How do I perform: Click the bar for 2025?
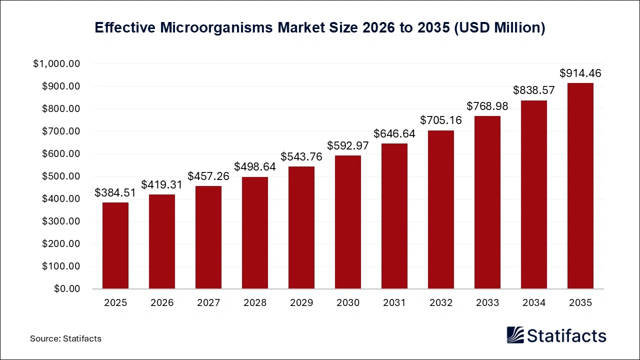click(115, 245)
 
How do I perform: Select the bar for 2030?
click(348, 222)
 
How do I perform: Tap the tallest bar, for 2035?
click(580, 186)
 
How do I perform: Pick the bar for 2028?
click(255, 232)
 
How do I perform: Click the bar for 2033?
click(487, 202)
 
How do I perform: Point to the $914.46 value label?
click(580, 73)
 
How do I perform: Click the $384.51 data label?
click(115, 193)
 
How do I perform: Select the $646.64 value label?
click(394, 134)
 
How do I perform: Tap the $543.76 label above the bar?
click(301, 157)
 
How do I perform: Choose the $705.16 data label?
click(441, 120)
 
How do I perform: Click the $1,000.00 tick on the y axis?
click(56, 64)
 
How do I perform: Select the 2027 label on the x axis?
click(208, 303)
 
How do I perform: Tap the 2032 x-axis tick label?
click(441, 303)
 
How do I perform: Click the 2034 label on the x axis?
click(534, 303)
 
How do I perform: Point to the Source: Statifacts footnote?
click(65, 338)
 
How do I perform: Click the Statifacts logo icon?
click(515, 335)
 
